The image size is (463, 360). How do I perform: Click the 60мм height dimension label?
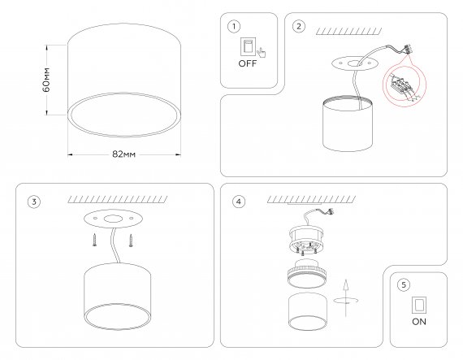(46, 80)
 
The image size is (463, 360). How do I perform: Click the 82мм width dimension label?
(123, 154)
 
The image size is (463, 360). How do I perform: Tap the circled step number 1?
(234, 27)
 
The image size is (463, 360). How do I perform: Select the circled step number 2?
(299, 26)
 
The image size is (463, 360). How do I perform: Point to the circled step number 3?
(34, 202)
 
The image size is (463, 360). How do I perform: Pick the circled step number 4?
(239, 202)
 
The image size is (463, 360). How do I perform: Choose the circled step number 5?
(404, 285)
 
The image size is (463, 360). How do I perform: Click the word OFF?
(248, 63)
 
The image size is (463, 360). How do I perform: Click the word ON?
(419, 322)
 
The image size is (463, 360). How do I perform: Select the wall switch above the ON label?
(419, 305)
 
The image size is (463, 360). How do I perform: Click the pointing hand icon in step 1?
(262, 53)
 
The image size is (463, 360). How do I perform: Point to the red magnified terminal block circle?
(405, 85)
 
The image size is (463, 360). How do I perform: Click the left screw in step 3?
(94, 240)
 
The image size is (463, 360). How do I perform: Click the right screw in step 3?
(131, 241)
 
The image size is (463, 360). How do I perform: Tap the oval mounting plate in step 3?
(113, 219)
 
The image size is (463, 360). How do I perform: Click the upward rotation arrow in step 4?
(346, 298)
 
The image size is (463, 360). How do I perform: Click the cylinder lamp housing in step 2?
(348, 124)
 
